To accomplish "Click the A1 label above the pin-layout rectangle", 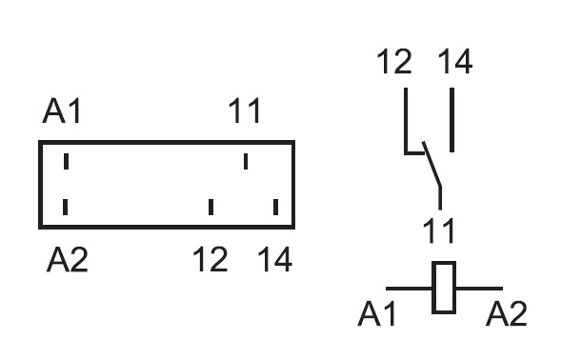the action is (62, 111).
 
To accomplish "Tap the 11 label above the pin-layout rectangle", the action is (245, 111).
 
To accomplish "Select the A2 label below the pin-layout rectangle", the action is (68, 259).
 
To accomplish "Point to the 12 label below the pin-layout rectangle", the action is (210, 259).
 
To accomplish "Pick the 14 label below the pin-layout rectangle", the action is (275, 259).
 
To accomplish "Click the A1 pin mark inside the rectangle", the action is (66, 161).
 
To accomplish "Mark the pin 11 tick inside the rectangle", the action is (246, 161).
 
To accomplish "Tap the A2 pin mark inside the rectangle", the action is (65, 207).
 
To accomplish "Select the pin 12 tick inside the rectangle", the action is (211, 207).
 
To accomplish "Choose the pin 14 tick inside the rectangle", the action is (275, 207).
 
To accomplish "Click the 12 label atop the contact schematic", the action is (394, 62).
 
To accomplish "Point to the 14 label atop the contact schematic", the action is (455, 62).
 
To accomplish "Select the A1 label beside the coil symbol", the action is (376, 313).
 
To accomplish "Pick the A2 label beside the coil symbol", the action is (506, 313).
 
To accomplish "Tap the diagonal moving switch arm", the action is (432, 164).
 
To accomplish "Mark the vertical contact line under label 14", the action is (452, 120).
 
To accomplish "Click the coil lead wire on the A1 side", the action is (409, 288).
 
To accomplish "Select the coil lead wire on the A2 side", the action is (479, 288).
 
